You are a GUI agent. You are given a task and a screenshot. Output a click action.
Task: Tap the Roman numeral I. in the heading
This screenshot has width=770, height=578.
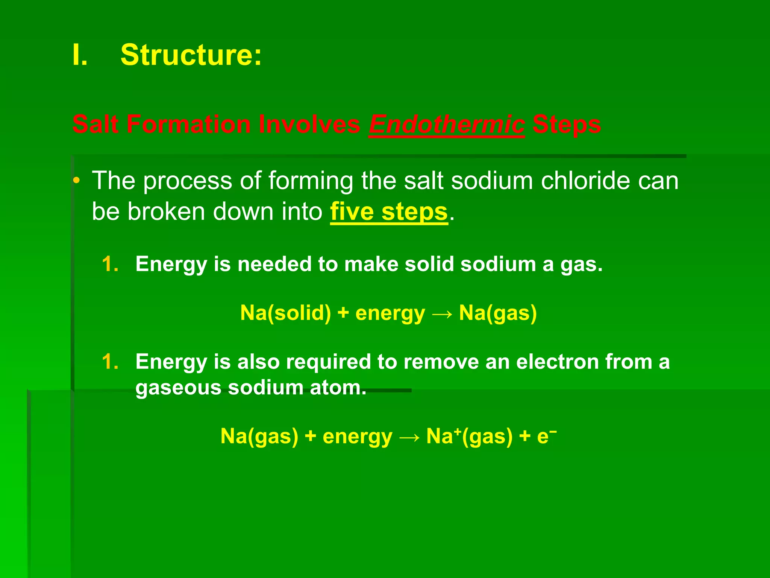pos(80,55)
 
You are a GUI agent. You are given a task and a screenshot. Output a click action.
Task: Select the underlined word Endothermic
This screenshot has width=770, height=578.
pos(446,124)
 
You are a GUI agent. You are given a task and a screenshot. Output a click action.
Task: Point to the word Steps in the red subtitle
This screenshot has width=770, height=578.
pos(566,124)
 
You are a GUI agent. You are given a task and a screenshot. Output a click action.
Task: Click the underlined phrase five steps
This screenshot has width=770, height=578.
pos(389,211)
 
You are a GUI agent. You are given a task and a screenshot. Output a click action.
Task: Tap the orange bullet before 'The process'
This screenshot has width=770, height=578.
pos(76,181)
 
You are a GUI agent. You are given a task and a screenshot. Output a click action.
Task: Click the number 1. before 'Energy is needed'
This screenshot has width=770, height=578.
pos(110,264)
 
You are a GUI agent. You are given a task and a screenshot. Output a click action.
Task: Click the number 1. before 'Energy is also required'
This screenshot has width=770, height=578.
pos(110,362)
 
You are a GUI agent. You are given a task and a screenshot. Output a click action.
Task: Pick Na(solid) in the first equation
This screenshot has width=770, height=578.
pos(285,313)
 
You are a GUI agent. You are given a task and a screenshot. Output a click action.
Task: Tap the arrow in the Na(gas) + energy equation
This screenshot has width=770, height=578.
pos(409,437)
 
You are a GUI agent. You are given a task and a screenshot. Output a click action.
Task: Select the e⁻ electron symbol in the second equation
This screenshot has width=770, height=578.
pos(546,436)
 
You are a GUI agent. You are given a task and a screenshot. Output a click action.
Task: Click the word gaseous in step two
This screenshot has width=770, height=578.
pos(178,388)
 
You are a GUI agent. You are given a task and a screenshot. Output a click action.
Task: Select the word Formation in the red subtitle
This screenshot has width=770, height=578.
pos(188,124)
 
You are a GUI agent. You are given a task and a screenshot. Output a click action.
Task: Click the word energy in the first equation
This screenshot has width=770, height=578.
pos(390,313)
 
